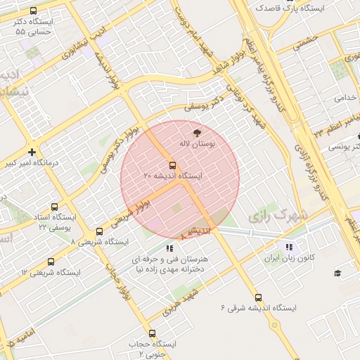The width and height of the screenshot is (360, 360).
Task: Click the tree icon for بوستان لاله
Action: pyautogui.click(x=196, y=131)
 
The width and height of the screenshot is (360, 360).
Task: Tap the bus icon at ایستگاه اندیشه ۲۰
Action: pyautogui.click(x=173, y=165)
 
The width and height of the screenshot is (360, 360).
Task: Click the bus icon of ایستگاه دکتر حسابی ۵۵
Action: pyautogui.click(x=34, y=11)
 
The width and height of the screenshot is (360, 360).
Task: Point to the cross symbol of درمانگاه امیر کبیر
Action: pyautogui.click(x=32, y=152)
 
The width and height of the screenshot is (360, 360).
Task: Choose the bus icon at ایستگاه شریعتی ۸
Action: pyautogui.click(x=98, y=231)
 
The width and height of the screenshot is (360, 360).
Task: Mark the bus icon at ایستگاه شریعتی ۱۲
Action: pyautogui.click(x=51, y=262)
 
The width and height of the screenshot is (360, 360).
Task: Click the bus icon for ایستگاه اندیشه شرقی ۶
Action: pyautogui.click(x=258, y=297)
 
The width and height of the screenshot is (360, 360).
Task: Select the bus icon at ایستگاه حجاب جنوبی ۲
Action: pyautogui.click(x=152, y=333)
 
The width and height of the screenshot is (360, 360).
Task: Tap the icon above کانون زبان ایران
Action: pyautogui.click(x=288, y=247)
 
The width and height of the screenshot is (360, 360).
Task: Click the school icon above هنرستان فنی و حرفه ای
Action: pyautogui.click(x=169, y=248)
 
